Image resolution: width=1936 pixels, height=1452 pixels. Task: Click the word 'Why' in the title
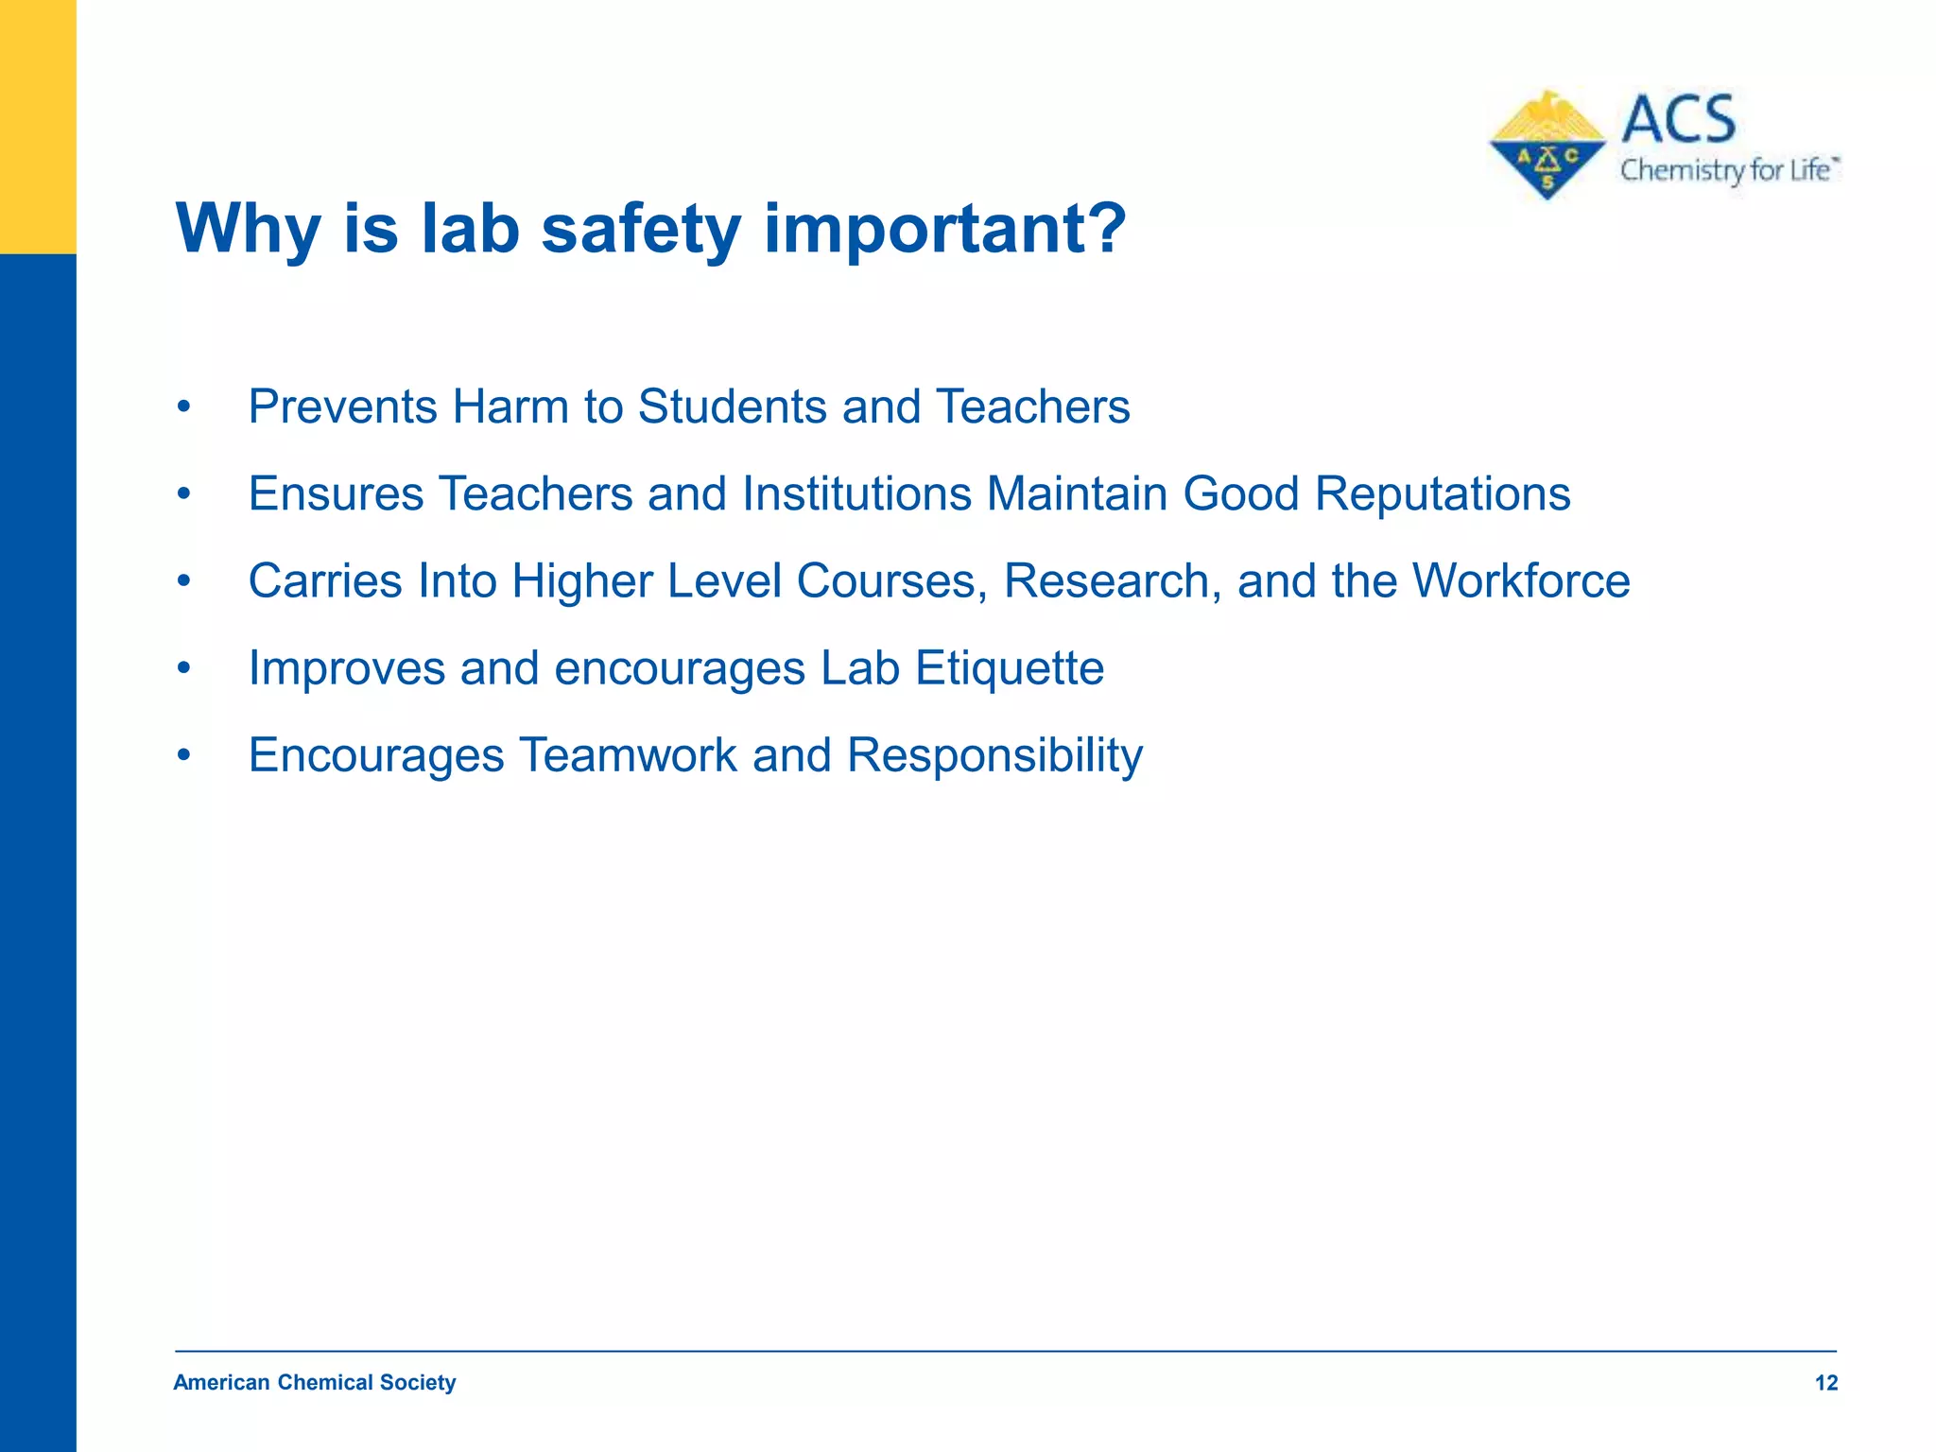pos(249,229)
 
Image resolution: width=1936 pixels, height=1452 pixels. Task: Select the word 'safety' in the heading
pos(641,229)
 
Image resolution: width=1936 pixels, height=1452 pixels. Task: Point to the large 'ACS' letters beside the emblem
pos(1679,120)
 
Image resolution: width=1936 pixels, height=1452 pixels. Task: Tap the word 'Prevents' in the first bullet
pos(343,407)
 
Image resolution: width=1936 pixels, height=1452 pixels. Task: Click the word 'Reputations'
pos(1443,494)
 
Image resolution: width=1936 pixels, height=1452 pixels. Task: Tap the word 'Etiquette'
pos(1010,668)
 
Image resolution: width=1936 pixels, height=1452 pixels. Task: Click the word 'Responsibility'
pos(994,755)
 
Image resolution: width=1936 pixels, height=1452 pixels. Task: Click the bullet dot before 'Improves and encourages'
pos(184,669)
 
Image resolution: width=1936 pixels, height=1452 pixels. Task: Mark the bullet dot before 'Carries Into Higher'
pos(184,582)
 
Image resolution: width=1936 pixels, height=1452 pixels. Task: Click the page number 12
pos(1825,1383)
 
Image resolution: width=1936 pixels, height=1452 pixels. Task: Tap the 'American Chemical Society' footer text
pos(315,1382)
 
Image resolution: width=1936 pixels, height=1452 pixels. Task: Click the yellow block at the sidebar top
pos(38,127)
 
